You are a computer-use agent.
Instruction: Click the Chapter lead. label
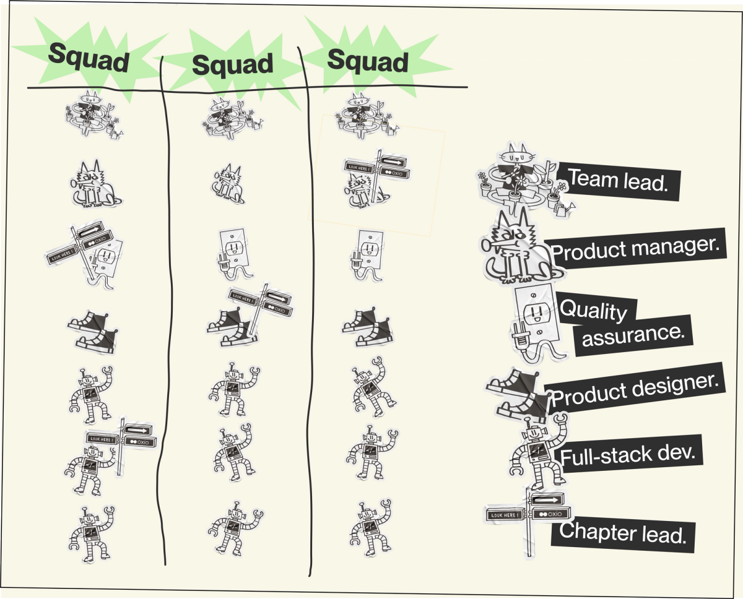(x=622, y=532)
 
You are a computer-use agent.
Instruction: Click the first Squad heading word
(x=89, y=58)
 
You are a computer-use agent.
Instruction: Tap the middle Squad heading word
(x=232, y=64)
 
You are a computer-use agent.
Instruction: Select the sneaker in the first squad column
(x=92, y=333)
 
